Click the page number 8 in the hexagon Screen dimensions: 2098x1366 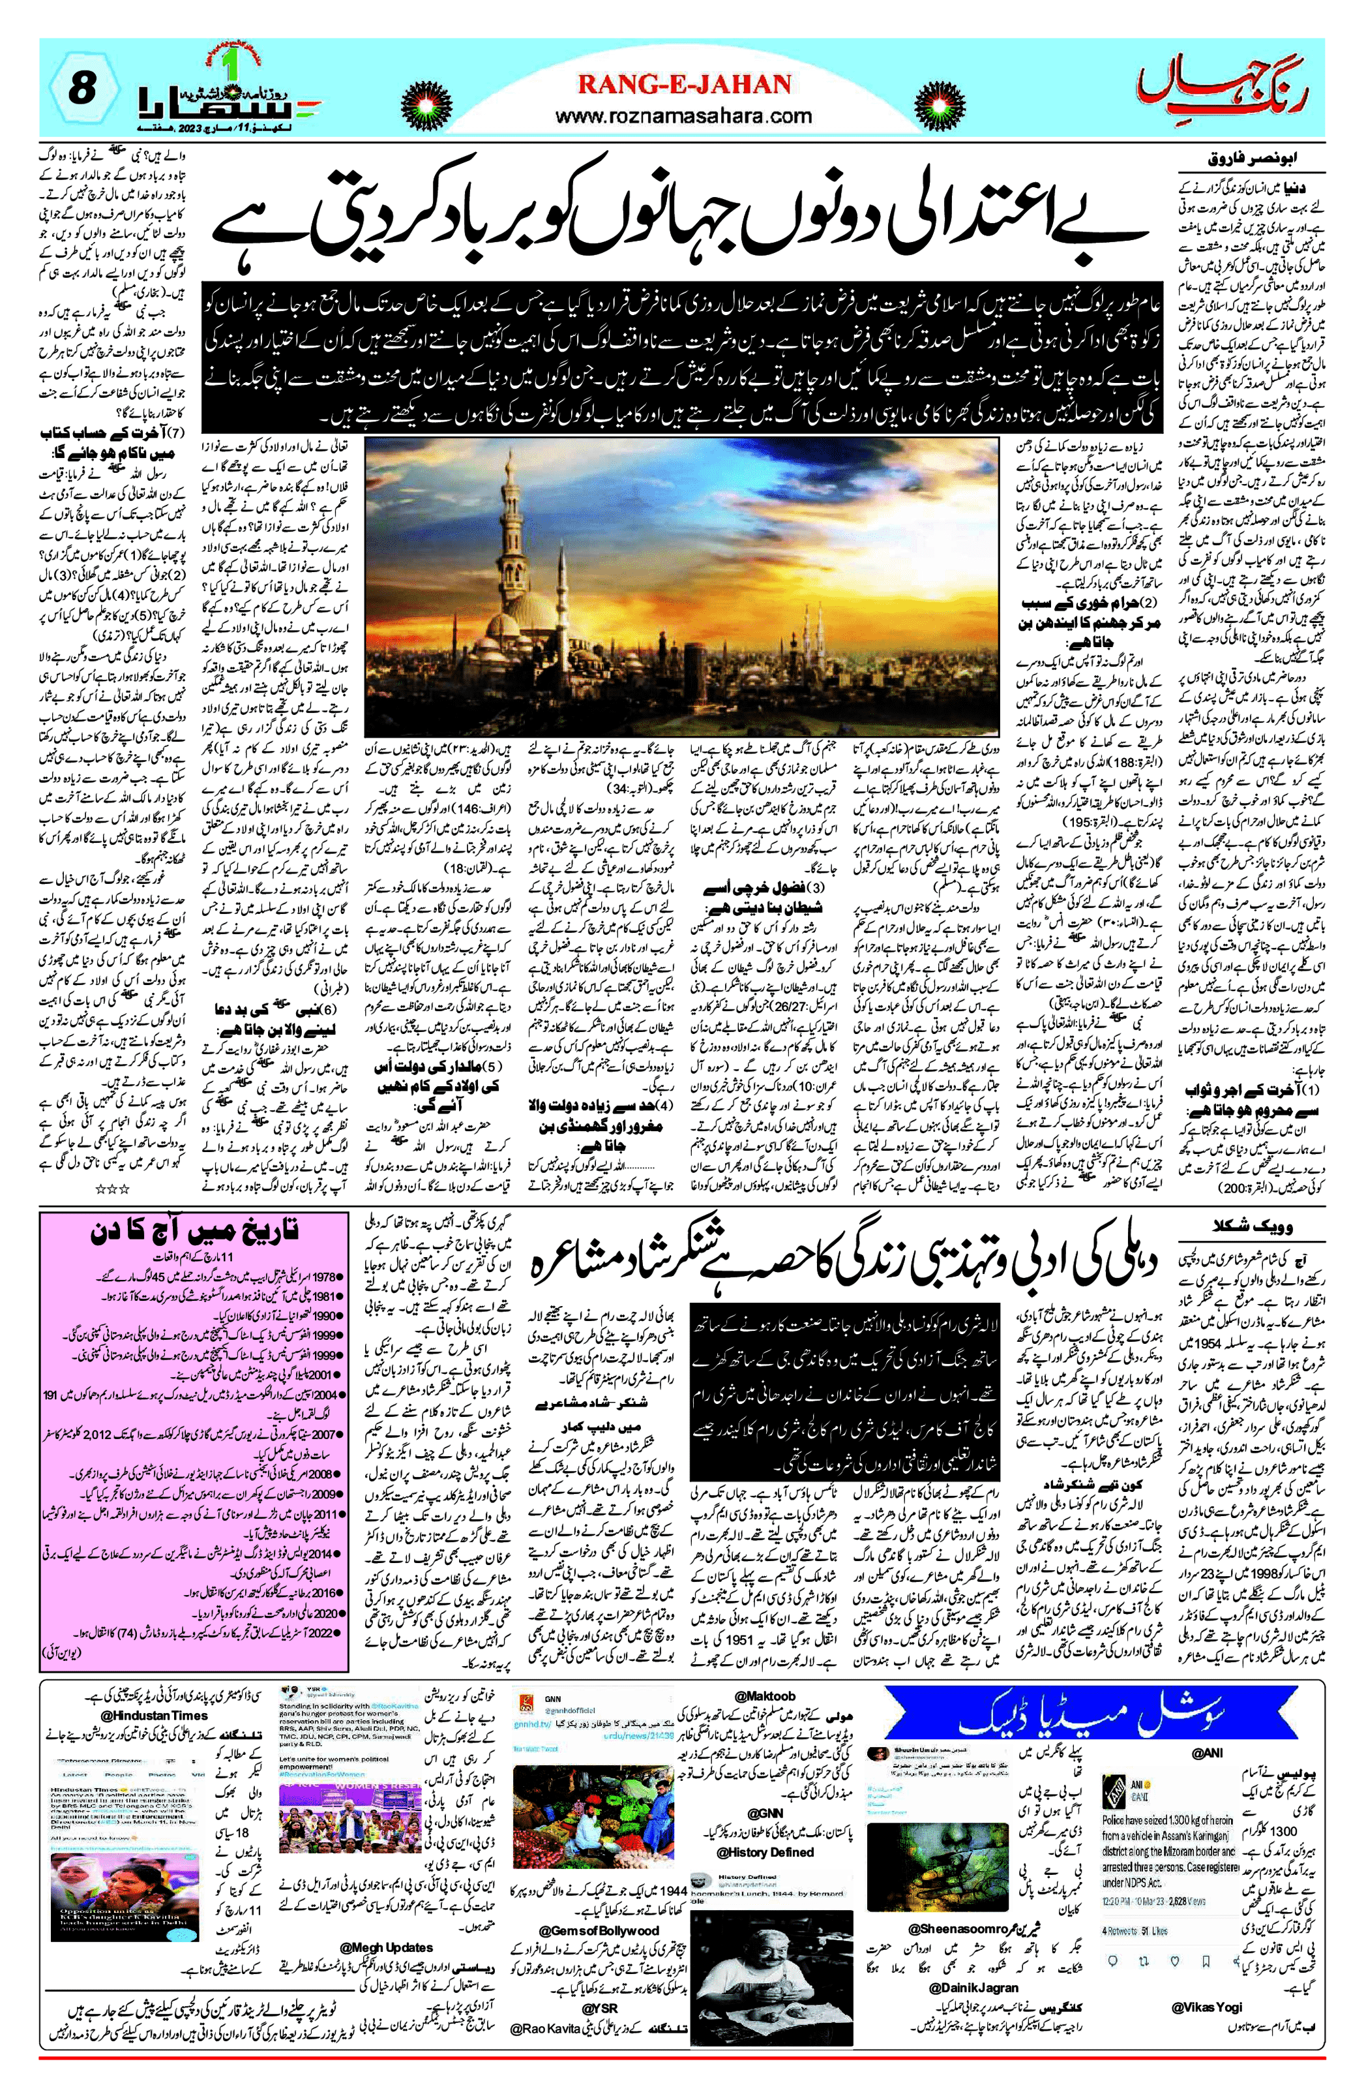(81, 88)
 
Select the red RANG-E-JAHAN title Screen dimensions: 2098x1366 (683, 85)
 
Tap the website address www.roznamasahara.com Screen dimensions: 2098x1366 (683, 115)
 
